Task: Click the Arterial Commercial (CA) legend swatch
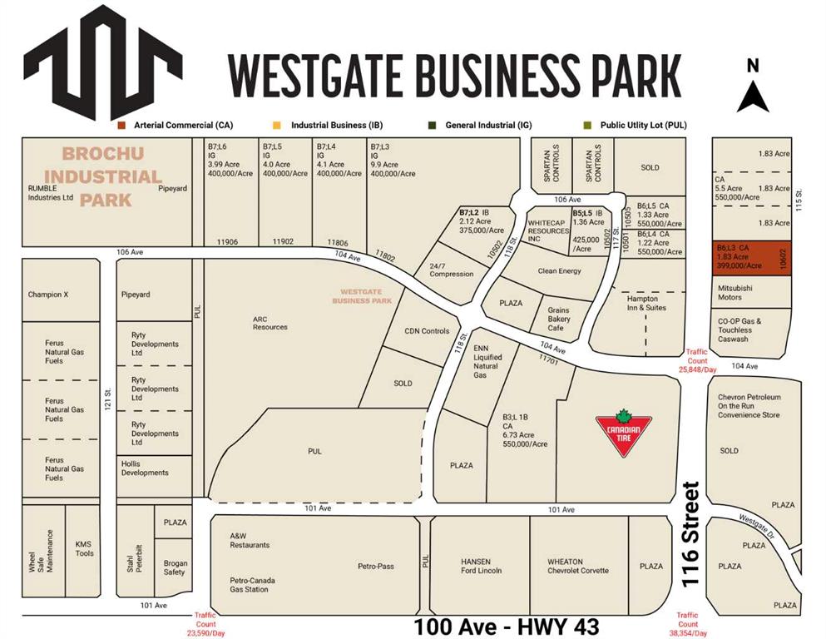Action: pos(121,125)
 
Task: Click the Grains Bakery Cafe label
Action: pos(558,319)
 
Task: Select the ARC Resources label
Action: pos(270,322)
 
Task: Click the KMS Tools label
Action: pos(84,548)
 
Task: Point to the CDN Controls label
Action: pos(427,331)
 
